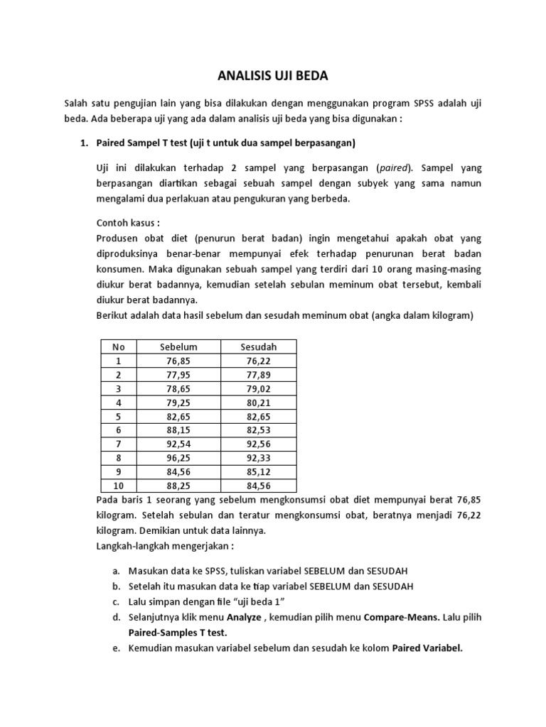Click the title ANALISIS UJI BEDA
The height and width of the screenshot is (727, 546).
click(x=272, y=75)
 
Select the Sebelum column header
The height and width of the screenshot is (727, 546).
click(x=178, y=346)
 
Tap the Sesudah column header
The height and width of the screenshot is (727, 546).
click(x=259, y=346)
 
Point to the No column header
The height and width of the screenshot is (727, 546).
click(x=118, y=346)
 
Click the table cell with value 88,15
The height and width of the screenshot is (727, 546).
click(x=178, y=430)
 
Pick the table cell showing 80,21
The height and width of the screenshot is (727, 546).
click(x=259, y=403)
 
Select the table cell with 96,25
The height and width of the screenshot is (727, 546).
click(x=178, y=458)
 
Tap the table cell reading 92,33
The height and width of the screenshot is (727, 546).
click(x=259, y=458)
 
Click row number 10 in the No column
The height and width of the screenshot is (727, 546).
click(x=118, y=486)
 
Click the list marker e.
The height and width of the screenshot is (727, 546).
click(x=116, y=648)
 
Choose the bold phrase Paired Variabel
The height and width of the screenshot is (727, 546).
click(x=427, y=648)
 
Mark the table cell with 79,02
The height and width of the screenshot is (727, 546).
click(x=259, y=388)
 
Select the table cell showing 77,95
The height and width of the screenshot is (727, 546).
click(x=178, y=375)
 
